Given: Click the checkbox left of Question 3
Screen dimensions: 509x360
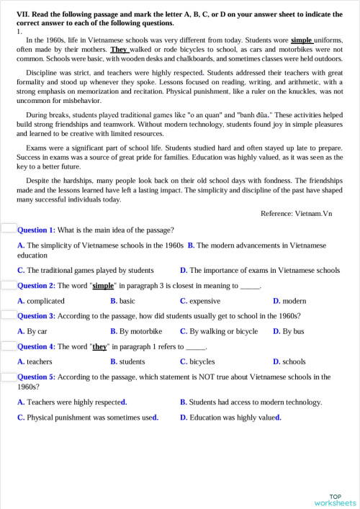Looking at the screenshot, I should click(x=9, y=315).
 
